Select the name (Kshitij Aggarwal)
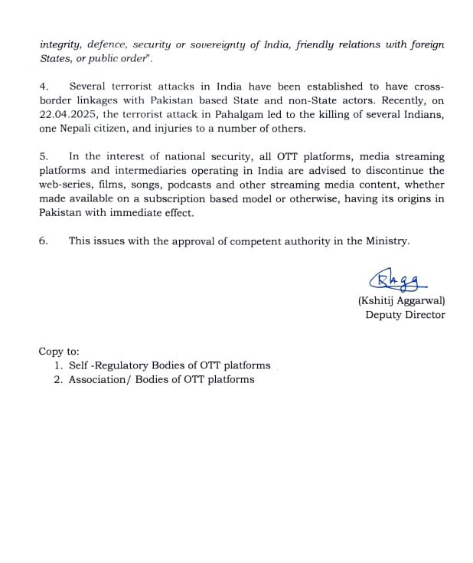(x=401, y=301)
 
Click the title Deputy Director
(x=405, y=315)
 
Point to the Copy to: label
(x=59, y=351)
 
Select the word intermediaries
(x=147, y=170)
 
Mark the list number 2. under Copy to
(x=58, y=379)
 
